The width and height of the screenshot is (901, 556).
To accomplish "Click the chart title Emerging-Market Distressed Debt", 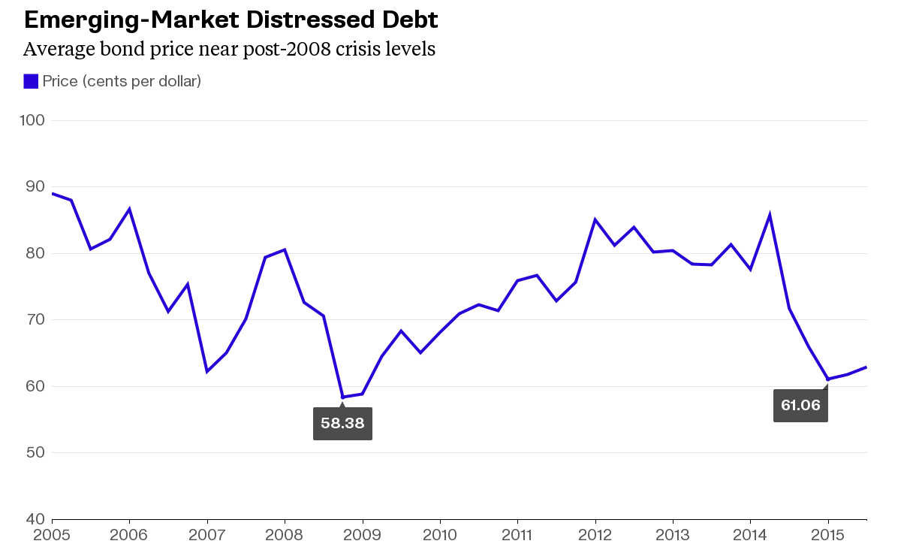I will pos(231,20).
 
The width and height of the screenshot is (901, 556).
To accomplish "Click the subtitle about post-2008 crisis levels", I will pos(229,50).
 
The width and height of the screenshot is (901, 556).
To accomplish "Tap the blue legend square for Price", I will pos(31,81).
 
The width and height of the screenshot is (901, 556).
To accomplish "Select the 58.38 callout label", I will pos(342,423).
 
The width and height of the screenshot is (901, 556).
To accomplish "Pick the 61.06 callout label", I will pos(800,406).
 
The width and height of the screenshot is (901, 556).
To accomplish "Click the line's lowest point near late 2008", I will pos(343,397).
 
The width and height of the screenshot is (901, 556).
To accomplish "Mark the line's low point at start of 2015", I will pos(827,379).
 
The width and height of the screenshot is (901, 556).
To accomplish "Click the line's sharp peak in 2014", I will pos(770,216).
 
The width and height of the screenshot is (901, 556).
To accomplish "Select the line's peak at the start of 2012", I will pos(595,220).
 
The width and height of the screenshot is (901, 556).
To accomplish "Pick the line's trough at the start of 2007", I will pos(206,371).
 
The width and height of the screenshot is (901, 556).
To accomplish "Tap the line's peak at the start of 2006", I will pos(130,209).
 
